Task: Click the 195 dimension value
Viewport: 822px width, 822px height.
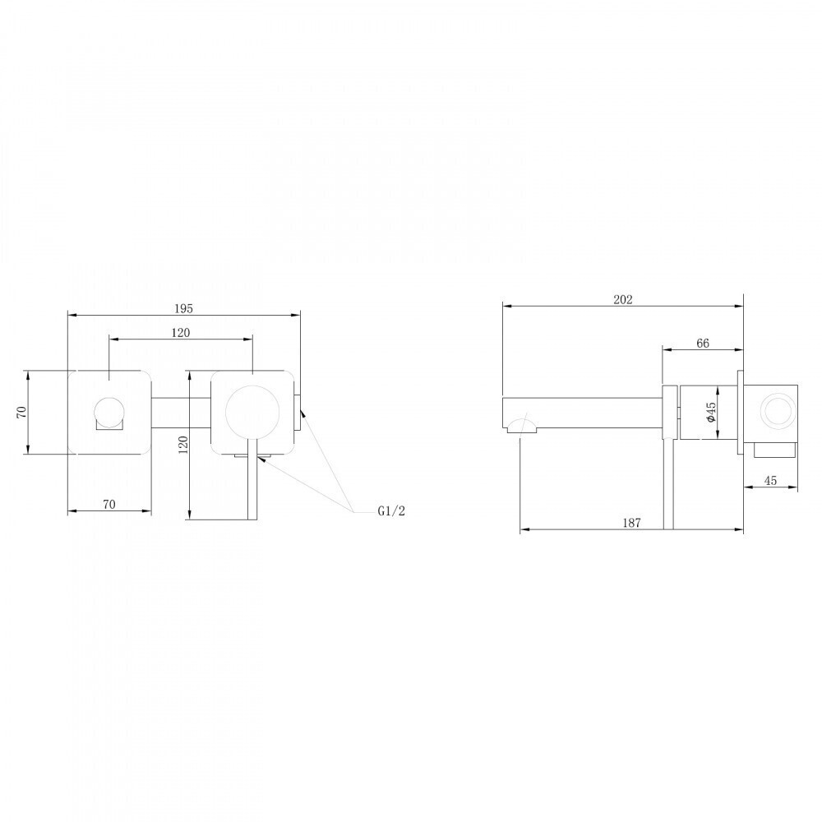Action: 183,309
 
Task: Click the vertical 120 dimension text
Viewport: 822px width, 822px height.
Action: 183,444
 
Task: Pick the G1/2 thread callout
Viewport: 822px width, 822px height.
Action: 391,511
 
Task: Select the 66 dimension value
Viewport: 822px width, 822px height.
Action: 703,344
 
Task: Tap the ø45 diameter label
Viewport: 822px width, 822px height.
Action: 710,413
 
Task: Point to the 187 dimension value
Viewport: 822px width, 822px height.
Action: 631,523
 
